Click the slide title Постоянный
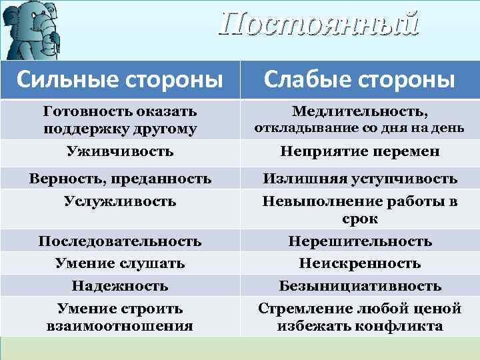tap(319, 24)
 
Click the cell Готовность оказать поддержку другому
tap(120, 119)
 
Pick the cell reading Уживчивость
tap(120, 151)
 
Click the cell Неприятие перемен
tap(359, 151)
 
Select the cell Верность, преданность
tap(120, 178)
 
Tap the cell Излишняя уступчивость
tap(359, 178)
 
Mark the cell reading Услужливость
tap(120, 201)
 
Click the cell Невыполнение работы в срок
tap(359, 209)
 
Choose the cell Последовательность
tap(120, 241)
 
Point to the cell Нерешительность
tap(359, 241)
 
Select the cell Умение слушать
tap(120, 263)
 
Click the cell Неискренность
tap(359, 263)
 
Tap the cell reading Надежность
tap(120, 286)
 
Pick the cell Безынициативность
tap(359, 286)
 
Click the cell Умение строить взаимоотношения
tap(120, 317)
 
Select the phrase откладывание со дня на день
tap(359, 127)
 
